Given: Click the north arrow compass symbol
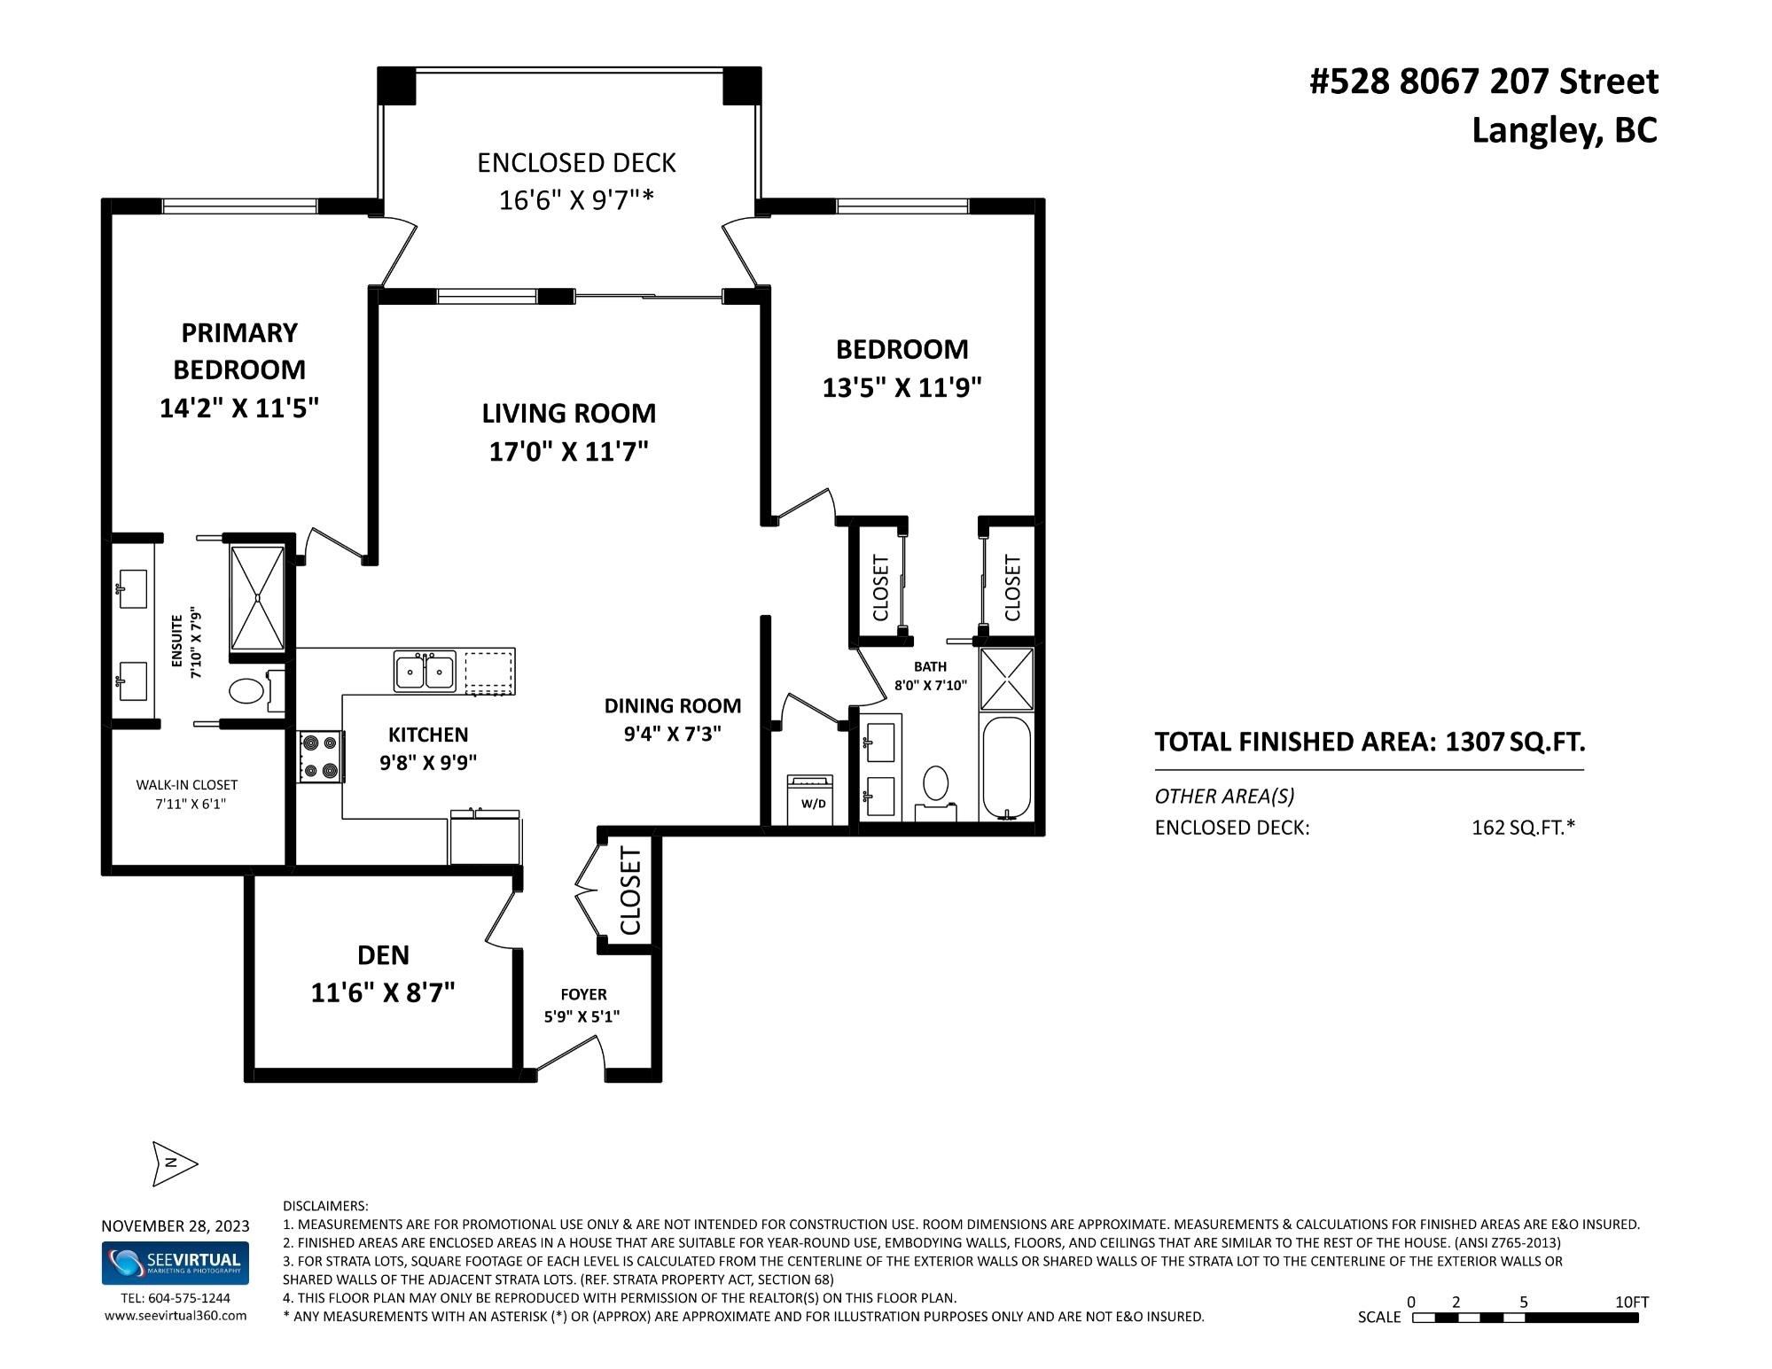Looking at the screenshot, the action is pyautogui.click(x=175, y=1163).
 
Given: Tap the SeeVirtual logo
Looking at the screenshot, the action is pyautogui.click(x=176, y=1263).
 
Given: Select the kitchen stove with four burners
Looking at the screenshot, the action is pyautogui.click(x=320, y=757).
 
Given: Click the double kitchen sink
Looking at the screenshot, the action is pyautogui.click(x=425, y=671).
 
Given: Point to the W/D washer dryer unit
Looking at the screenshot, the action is pyautogui.click(x=811, y=799).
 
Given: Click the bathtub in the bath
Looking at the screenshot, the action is pyautogui.click(x=1006, y=767).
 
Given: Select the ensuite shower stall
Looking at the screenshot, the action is pyautogui.click(x=258, y=598).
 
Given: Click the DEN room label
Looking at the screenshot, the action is pyautogui.click(x=383, y=954).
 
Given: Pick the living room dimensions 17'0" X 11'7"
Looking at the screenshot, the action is pyautogui.click(x=569, y=452).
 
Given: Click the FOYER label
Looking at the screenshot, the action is pyautogui.click(x=583, y=994).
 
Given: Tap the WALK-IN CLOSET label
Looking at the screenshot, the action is pyautogui.click(x=187, y=784).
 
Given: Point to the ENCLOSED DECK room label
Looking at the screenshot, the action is pyautogui.click(x=576, y=163).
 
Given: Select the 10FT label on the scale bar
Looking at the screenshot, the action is pyautogui.click(x=1632, y=1302).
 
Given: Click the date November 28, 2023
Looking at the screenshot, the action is pyautogui.click(x=176, y=1226).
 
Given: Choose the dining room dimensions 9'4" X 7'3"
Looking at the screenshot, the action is pyautogui.click(x=673, y=735).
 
